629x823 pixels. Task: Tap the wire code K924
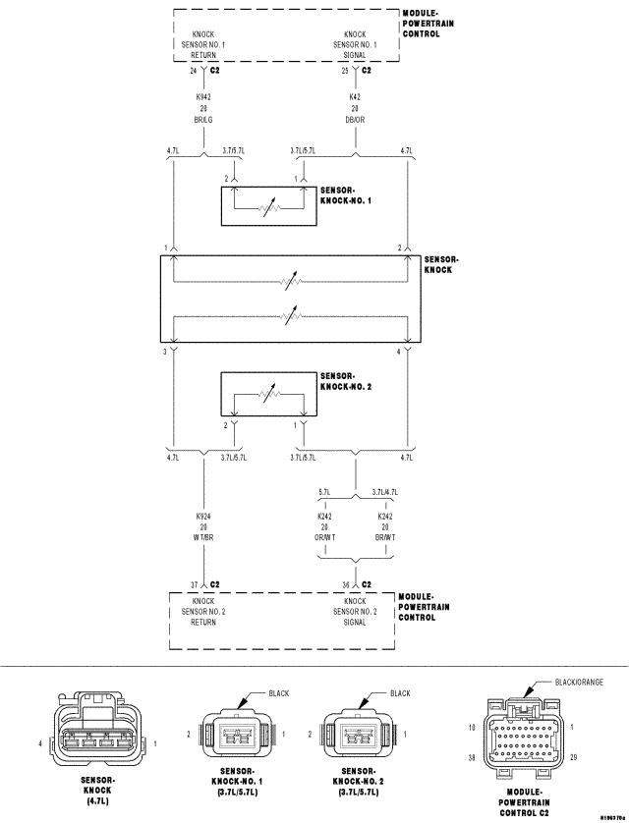(203, 516)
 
